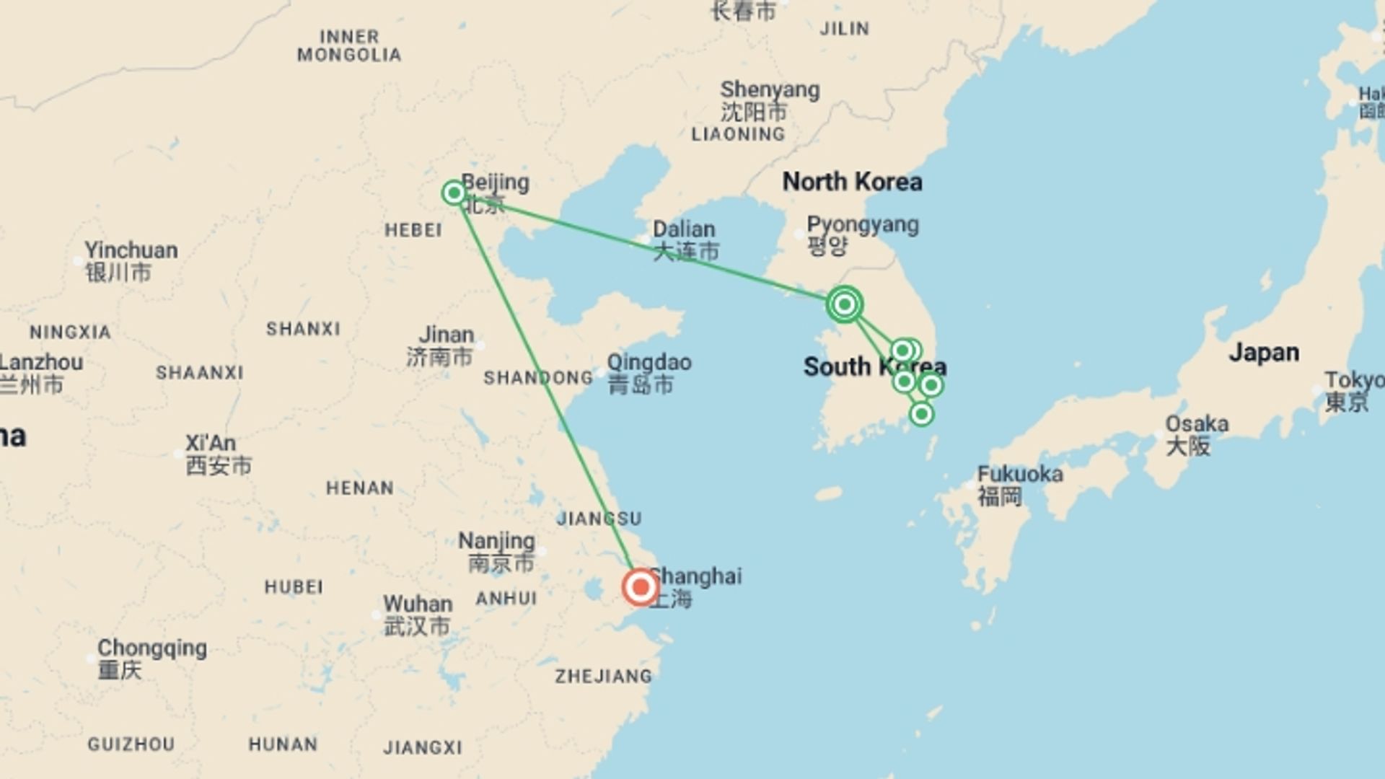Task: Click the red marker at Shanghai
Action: click(x=640, y=587)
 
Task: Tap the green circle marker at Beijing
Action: click(x=454, y=193)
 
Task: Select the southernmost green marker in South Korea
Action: click(x=921, y=414)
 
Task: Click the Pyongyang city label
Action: click(x=862, y=225)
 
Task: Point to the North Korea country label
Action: click(x=852, y=182)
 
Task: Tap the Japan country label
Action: click(x=1264, y=353)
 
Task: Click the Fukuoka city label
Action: click(x=1019, y=475)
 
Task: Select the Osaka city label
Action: click(x=1197, y=424)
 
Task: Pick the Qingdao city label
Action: click(x=648, y=363)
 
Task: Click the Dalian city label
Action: click(x=684, y=229)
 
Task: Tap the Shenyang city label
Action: click(x=770, y=90)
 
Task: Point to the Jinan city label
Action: click(x=447, y=335)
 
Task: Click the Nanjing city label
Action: click(x=496, y=541)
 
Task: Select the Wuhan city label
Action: click(x=418, y=604)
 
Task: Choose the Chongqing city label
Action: click(x=151, y=648)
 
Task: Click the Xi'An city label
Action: click(x=210, y=443)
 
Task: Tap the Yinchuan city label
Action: click(x=131, y=251)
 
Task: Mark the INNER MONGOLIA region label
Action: click(x=349, y=45)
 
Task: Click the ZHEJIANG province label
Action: click(x=603, y=677)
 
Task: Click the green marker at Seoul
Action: click(x=844, y=304)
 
